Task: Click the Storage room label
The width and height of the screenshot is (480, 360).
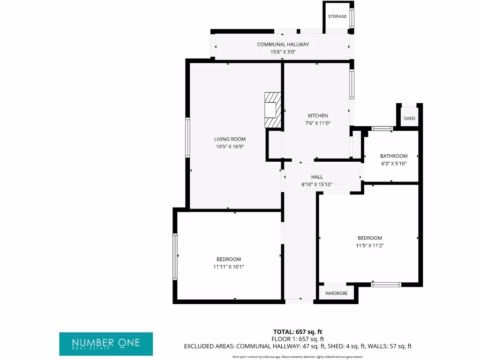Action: click(337, 16)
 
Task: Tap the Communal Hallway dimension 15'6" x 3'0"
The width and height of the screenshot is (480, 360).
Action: click(283, 52)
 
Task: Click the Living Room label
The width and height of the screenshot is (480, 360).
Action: click(230, 139)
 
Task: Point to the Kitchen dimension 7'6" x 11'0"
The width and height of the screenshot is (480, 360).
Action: click(317, 123)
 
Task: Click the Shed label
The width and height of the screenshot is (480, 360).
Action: click(409, 119)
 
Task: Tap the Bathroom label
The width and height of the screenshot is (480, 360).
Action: click(393, 156)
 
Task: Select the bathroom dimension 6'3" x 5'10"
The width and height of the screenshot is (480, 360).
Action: click(393, 164)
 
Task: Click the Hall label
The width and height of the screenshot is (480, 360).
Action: click(317, 177)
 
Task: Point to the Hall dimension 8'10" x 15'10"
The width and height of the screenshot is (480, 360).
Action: click(317, 184)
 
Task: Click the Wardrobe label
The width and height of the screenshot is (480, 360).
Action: click(336, 293)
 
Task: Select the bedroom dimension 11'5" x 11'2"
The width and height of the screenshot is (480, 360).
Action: click(369, 245)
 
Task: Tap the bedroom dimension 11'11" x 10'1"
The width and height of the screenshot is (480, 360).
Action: click(228, 267)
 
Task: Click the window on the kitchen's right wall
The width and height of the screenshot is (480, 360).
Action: click(352, 84)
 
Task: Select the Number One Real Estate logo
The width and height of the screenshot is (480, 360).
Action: click(106, 344)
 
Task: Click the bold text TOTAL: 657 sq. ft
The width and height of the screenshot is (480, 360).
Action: click(298, 332)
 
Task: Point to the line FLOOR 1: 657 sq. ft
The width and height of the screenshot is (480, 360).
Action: click(298, 339)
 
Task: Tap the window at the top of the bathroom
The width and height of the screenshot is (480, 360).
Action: click(382, 128)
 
